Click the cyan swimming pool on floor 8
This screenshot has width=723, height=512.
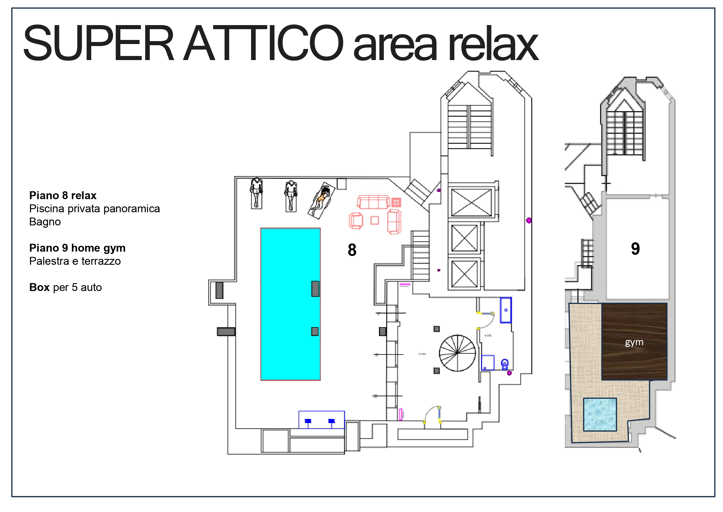(290, 304)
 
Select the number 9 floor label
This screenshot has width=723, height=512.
(635, 249)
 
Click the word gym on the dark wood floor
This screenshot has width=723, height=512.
(634, 342)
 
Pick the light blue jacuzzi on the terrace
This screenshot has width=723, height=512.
(599, 414)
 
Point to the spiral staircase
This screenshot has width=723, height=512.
(457, 353)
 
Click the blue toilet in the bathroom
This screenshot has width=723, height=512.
(505, 364)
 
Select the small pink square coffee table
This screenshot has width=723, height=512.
(374, 220)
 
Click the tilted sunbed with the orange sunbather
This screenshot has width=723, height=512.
(322, 200)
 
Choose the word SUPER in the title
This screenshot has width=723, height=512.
(98, 43)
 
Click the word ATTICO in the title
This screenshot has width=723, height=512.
(263, 43)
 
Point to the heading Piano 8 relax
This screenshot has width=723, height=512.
(63, 195)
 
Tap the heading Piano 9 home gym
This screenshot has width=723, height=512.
(77, 248)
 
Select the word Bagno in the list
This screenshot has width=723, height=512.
(45, 222)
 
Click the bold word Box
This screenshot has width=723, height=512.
(39, 287)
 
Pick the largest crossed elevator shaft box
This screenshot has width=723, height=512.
(471, 202)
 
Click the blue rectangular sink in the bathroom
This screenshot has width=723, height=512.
(505, 310)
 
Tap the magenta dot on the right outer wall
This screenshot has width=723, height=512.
(529, 220)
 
